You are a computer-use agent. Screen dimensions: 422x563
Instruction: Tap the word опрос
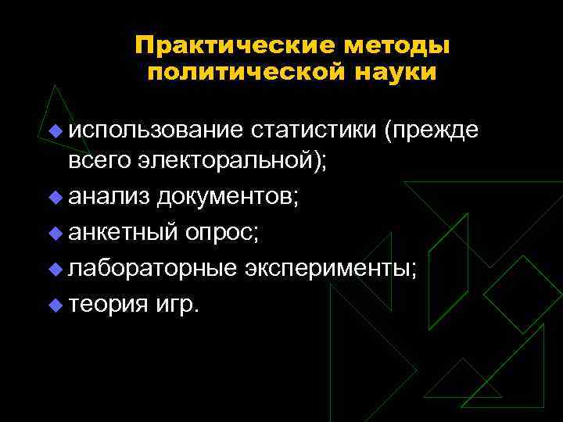pos(226,231)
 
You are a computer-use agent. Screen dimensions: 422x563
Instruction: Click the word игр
pos(178,302)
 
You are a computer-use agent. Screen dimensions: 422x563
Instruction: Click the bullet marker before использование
pos(56,130)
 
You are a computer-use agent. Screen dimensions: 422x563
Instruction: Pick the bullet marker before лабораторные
pos(56,267)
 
